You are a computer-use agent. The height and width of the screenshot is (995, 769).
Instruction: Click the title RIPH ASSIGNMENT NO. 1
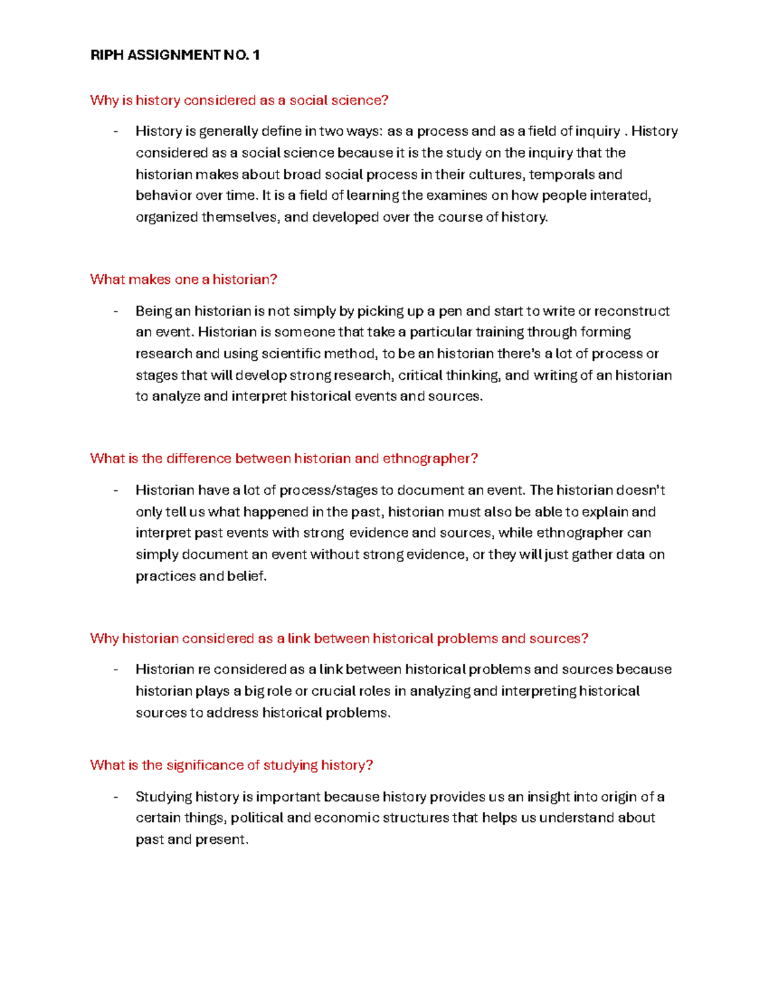175,55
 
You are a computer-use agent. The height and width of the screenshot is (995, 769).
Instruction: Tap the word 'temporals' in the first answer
562,174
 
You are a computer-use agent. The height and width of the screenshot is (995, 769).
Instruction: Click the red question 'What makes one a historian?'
183,279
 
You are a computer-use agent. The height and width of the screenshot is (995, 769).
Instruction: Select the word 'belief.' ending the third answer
247,576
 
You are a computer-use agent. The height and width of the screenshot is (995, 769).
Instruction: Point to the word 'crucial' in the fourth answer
333,691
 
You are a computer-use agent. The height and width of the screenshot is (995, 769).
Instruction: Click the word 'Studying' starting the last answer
163,797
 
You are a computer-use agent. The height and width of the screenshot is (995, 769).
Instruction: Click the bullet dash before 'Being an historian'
115,311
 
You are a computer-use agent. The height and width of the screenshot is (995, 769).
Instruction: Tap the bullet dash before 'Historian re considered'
115,670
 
